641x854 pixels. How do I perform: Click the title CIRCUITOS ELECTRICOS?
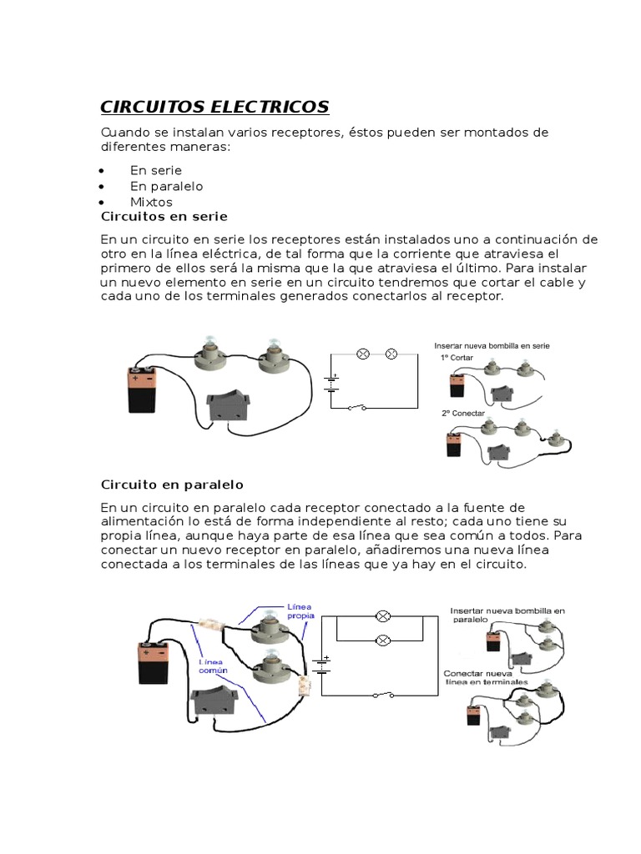(x=215, y=107)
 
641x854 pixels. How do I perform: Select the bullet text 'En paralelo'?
(x=166, y=186)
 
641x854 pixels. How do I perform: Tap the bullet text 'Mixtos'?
(x=151, y=202)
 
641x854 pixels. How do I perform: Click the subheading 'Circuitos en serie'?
(x=164, y=217)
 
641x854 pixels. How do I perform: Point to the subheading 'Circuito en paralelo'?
(x=171, y=485)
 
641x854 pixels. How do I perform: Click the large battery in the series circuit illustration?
(x=141, y=390)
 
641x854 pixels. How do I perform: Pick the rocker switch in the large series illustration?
(x=227, y=406)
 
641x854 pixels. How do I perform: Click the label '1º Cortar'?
(x=457, y=357)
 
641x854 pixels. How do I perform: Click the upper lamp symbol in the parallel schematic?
(x=383, y=616)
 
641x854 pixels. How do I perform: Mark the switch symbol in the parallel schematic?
(x=384, y=694)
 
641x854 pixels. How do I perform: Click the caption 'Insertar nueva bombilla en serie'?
(x=492, y=345)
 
